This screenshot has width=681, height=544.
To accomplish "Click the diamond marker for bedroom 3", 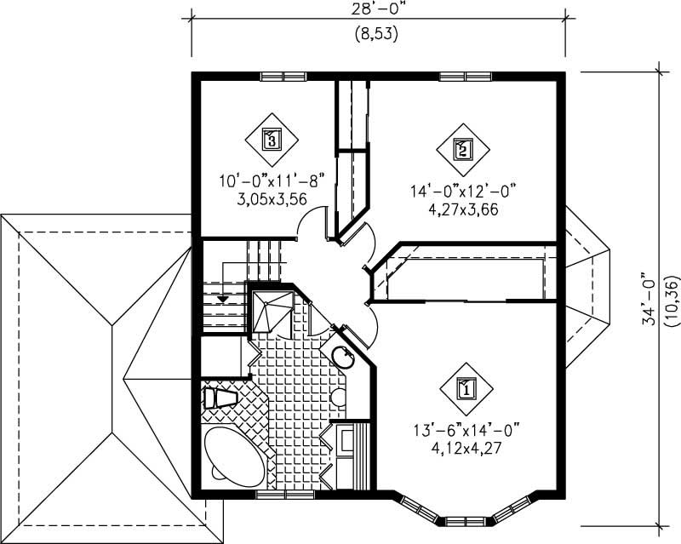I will pos(272,138).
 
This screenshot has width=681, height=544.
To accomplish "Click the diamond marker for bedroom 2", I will pos(462,150).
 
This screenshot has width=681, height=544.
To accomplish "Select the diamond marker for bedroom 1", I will pos(466,389).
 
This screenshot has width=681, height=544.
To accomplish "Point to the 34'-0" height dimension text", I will pos(650,298).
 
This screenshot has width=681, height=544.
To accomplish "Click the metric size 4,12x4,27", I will pos(465,445).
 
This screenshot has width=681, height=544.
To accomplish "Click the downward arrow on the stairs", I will pos(222,299).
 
